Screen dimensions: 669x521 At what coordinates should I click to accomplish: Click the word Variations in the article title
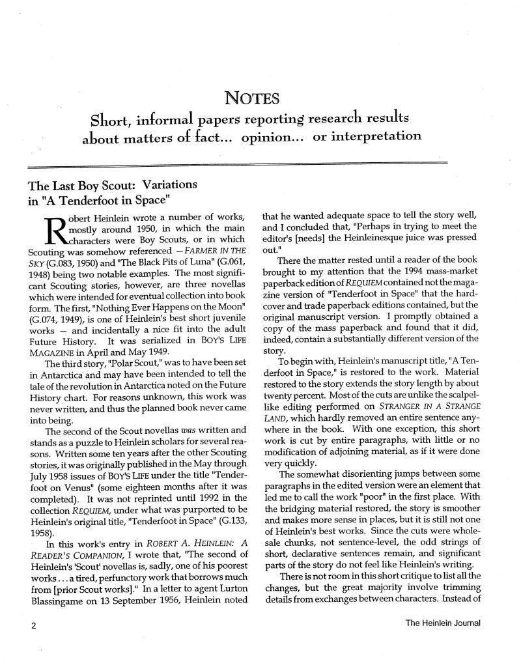point(168,185)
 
